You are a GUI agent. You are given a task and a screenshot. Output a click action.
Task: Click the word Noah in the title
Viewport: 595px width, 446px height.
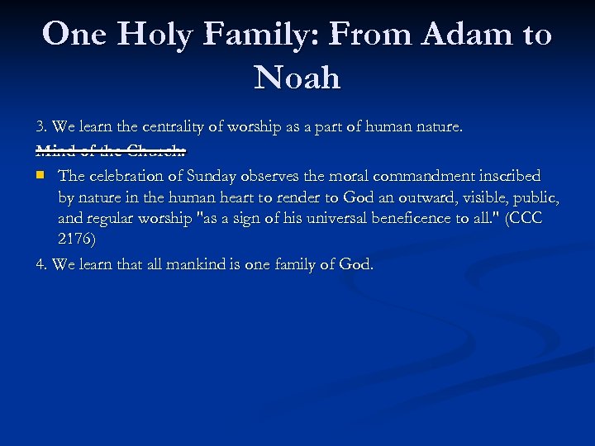[x=297, y=78]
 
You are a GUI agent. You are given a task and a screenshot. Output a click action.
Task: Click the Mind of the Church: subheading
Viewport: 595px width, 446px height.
[x=111, y=150]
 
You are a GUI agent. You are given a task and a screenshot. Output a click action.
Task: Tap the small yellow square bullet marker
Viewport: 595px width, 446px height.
[x=40, y=175]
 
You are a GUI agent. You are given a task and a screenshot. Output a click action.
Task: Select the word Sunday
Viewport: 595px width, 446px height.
[x=213, y=176]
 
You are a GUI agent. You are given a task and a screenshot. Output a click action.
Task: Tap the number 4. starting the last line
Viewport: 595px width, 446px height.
[x=41, y=264]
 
